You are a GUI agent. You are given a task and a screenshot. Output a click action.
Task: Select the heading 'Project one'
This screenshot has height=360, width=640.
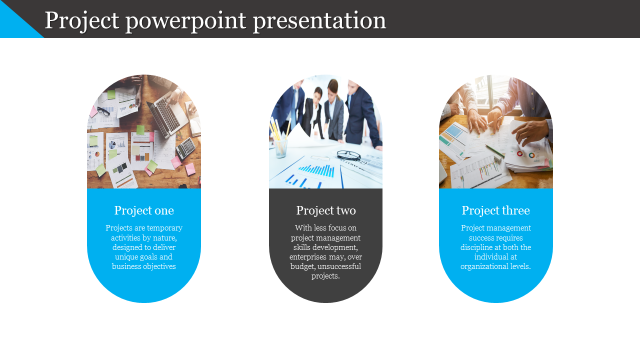(x=144, y=211)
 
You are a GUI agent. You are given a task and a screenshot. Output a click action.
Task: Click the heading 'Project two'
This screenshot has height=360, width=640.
(x=325, y=211)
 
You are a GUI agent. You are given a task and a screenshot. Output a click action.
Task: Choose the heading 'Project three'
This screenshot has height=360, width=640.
(x=495, y=211)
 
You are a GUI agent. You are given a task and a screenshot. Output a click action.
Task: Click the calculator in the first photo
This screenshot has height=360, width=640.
(x=185, y=147)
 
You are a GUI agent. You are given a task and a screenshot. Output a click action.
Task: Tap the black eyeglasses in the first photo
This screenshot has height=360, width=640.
(x=103, y=111)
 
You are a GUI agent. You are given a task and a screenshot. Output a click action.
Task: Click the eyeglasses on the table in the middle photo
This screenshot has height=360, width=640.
(x=348, y=155)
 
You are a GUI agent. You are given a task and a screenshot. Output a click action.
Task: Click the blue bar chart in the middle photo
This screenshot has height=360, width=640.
(x=316, y=170)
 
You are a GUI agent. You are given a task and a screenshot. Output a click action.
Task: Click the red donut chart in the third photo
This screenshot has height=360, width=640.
(x=519, y=154)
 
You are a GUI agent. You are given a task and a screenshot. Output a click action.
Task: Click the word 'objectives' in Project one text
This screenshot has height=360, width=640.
(x=159, y=266)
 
